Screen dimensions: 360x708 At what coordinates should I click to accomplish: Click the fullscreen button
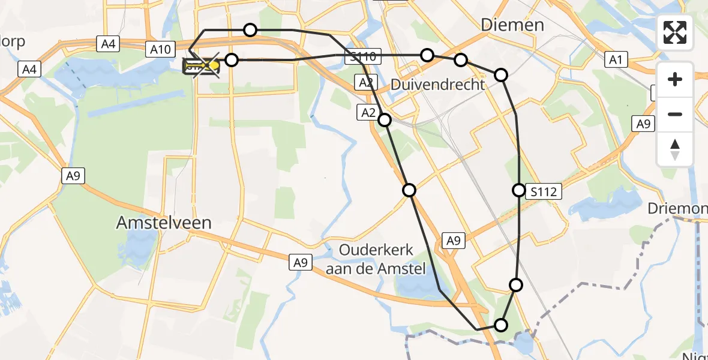pos(675,32)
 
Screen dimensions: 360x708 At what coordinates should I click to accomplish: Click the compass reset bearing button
pos(675,149)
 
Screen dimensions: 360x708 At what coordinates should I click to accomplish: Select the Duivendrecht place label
pos(437,85)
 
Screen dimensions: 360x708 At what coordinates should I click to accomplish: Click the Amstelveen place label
pos(164,223)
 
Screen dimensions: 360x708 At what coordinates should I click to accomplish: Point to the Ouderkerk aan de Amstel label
pos(376,259)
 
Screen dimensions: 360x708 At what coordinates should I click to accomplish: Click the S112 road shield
pos(544,192)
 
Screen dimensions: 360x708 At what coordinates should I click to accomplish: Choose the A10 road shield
pos(160,50)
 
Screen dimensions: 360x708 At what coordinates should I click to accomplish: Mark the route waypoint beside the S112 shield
pos(519,190)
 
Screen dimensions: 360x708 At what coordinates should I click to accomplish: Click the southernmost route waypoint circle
pos(500,325)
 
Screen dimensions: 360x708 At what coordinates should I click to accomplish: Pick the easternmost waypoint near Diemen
pos(500,75)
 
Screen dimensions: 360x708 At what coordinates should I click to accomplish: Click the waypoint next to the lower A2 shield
pos(385,120)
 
